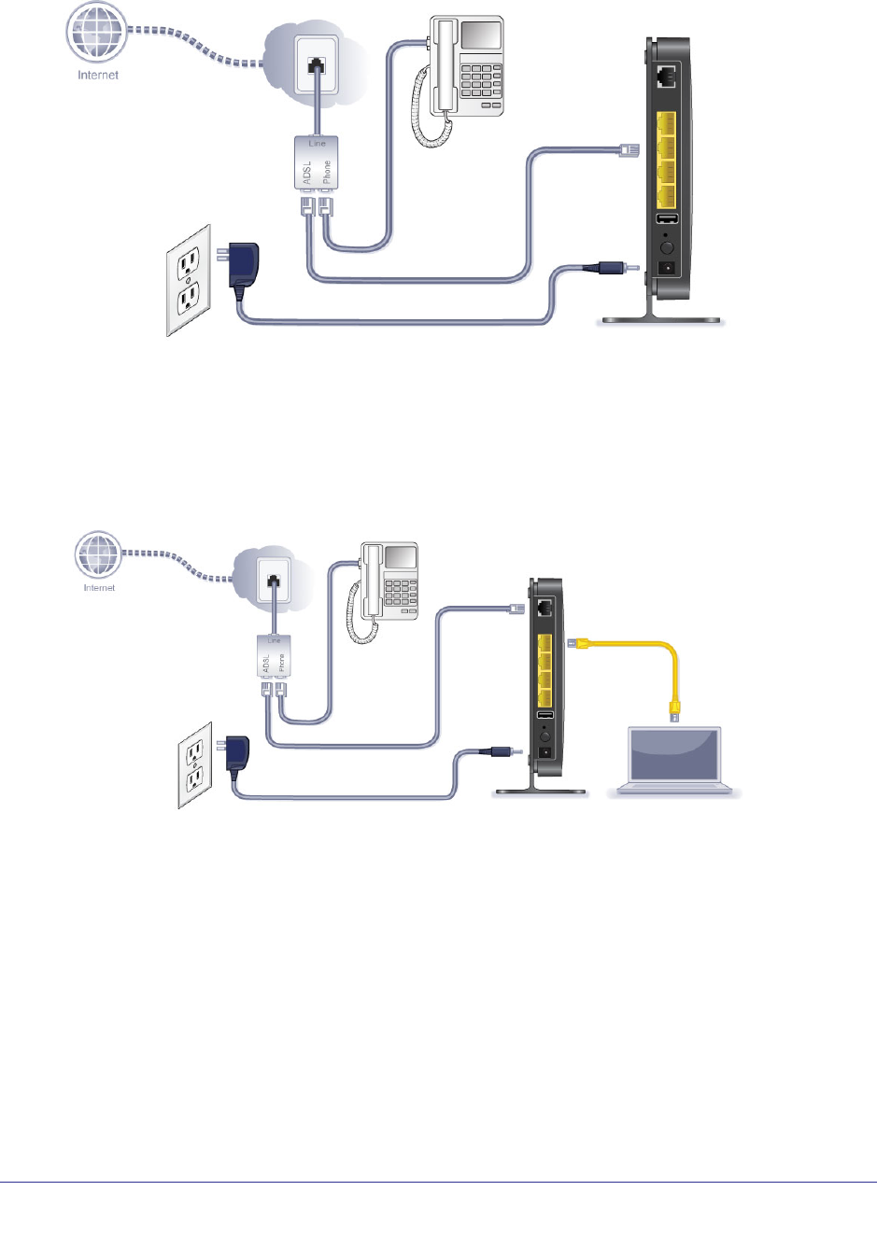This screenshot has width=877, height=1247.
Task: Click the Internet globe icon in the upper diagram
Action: pos(96,33)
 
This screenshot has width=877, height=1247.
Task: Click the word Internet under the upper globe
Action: pos(98,76)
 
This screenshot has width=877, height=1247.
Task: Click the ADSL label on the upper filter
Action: pos(306,173)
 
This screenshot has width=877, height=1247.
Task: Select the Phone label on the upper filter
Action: pos(327,173)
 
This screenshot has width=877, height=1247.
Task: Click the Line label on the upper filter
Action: pos(318,143)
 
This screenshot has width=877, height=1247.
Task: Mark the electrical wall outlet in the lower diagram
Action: pos(195,766)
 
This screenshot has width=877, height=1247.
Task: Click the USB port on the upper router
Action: pos(667,220)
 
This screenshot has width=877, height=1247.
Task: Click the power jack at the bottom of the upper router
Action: pos(667,270)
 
